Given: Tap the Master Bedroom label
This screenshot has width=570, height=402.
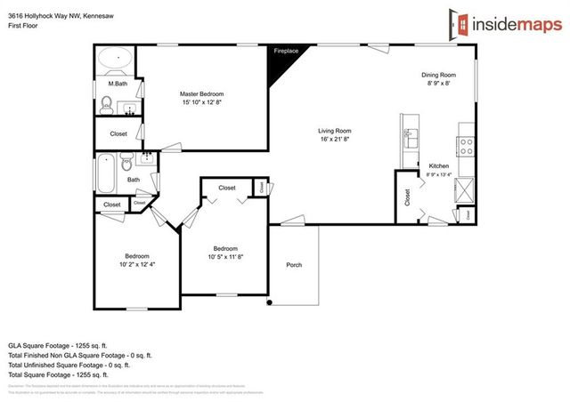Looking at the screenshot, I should pyautogui.click(x=201, y=93).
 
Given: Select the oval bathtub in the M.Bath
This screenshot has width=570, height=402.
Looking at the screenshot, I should pyautogui.click(x=116, y=61).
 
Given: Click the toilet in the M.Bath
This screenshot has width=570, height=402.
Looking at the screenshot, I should pyautogui.click(x=105, y=106).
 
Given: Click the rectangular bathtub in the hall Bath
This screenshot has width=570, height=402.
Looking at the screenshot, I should pyautogui.click(x=106, y=174).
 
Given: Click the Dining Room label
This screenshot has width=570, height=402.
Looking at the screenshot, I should pyautogui.click(x=438, y=75).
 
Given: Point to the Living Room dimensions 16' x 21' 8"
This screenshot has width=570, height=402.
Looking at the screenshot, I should pyautogui.click(x=335, y=140).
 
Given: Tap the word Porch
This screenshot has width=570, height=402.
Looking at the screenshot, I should pyautogui.click(x=294, y=265).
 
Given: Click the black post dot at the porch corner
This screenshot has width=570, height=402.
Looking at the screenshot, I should pyautogui.click(x=269, y=303).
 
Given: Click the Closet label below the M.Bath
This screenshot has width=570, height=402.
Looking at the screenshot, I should pyautogui.click(x=118, y=133).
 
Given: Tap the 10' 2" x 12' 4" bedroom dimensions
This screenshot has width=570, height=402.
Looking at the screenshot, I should pyautogui.click(x=137, y=264).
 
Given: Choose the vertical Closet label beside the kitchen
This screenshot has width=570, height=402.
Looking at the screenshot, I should pyautogui.click(x=407, y=197).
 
